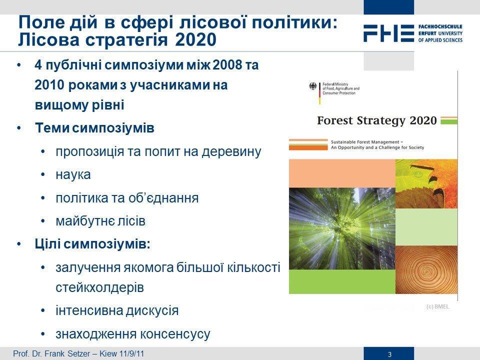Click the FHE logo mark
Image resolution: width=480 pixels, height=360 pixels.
pos(389,33)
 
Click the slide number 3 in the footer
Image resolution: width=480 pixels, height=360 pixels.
pos(389,354)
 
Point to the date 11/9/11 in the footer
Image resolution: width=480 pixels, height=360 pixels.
pos(131,353)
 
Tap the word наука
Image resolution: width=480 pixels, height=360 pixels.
pos(73,174)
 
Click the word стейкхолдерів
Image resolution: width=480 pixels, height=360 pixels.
pos(100,287)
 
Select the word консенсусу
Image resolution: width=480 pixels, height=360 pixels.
pos(175,334)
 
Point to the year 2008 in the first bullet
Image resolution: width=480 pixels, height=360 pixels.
pos(226,65)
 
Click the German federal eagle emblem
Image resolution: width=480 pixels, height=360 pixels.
pos(312,86)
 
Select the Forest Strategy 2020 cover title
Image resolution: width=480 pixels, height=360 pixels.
pos(377,120)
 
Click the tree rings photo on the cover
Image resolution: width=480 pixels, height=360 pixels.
pos(426,269)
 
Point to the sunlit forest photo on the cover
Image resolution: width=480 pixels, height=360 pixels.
pos(342,228)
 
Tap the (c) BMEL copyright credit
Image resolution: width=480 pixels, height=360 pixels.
pos(438,306)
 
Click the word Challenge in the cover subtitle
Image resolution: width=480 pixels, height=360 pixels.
pos(389,147)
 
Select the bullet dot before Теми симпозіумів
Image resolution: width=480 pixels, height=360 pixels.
pos(19,128)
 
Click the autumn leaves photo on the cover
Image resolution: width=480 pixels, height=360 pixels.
pos(426,184)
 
